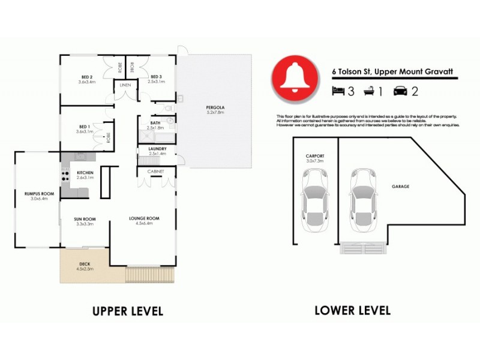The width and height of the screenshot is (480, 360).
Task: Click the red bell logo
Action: (x=295, y=79)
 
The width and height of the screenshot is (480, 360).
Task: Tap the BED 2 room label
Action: (x=87, y=77)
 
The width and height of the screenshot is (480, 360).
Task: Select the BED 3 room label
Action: (x=157, y=77)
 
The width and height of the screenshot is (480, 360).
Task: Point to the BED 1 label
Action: (x=85, y=127)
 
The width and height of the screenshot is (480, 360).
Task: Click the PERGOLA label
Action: (x=215, y=107)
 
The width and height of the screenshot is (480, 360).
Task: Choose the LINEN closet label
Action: (x=125, y=85)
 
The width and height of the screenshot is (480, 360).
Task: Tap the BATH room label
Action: (x=155, y=122)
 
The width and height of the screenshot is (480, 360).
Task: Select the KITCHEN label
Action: (x=86, y=173)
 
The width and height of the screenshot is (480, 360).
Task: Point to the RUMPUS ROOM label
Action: (x=39, y=193)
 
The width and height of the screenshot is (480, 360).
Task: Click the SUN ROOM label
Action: (x=85, y=219)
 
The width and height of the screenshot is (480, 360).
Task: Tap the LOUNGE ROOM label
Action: (x=145, y=219)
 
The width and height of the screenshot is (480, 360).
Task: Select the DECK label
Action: (x=85, y=265)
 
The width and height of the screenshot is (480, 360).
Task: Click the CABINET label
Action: (x=156, y=171)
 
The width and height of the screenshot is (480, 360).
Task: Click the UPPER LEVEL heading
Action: (x=127, y=311)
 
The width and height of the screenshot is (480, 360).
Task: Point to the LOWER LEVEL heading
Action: (x=352, y=310)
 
